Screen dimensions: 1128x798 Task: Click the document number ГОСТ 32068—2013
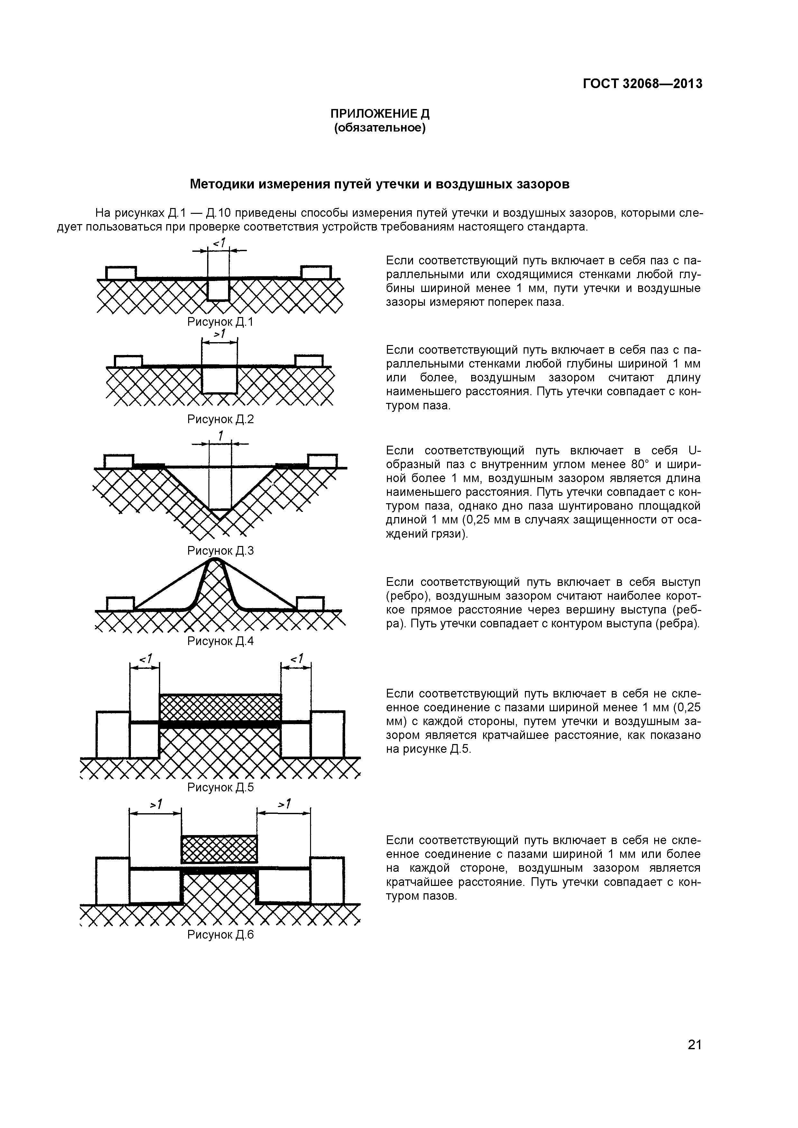click(642, 84)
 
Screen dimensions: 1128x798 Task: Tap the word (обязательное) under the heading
click(379, 128)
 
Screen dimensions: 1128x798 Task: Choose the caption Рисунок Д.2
click(220, 419)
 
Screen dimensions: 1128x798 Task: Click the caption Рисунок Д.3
click(220, 551)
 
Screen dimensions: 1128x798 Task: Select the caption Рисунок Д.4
click(220, 641)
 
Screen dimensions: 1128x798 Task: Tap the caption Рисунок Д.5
click(220, 787)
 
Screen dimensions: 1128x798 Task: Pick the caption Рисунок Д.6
click(220, 935)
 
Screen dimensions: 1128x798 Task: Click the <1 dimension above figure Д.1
click(219, 242)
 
